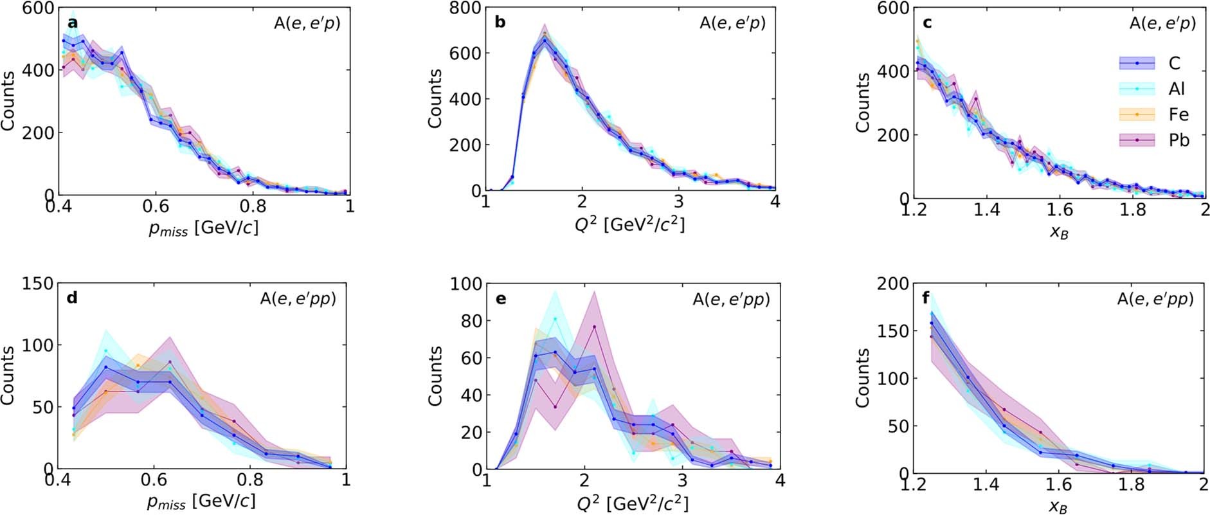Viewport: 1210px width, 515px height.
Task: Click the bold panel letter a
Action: [x=73, y=23]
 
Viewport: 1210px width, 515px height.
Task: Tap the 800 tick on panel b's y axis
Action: [x=465, y=8]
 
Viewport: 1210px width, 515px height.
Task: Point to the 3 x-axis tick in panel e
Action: [x=682, y=481]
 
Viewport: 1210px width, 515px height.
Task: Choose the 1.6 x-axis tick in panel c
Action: [x=1060, y=210]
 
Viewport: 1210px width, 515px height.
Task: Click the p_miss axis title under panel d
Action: [x=202, y=501]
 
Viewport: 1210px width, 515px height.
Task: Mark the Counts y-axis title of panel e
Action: [x=435, y=376]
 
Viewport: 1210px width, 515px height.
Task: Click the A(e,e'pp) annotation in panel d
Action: [x=298, y=299]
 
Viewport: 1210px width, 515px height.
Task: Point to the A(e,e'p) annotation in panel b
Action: [x=732, y=24]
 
